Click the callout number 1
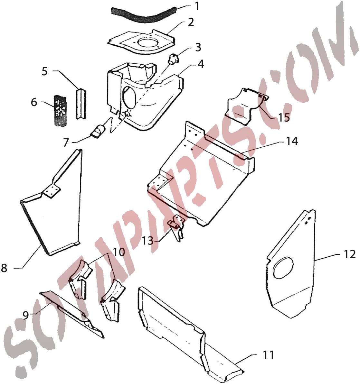(197, 6)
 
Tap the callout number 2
(191, 22)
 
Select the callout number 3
(198, 47)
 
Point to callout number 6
(34, 102)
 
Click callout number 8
(4, 268)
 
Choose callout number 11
(268, 355)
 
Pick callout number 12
(349, 254)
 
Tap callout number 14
(292, 141)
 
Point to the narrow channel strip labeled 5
(81, 104)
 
